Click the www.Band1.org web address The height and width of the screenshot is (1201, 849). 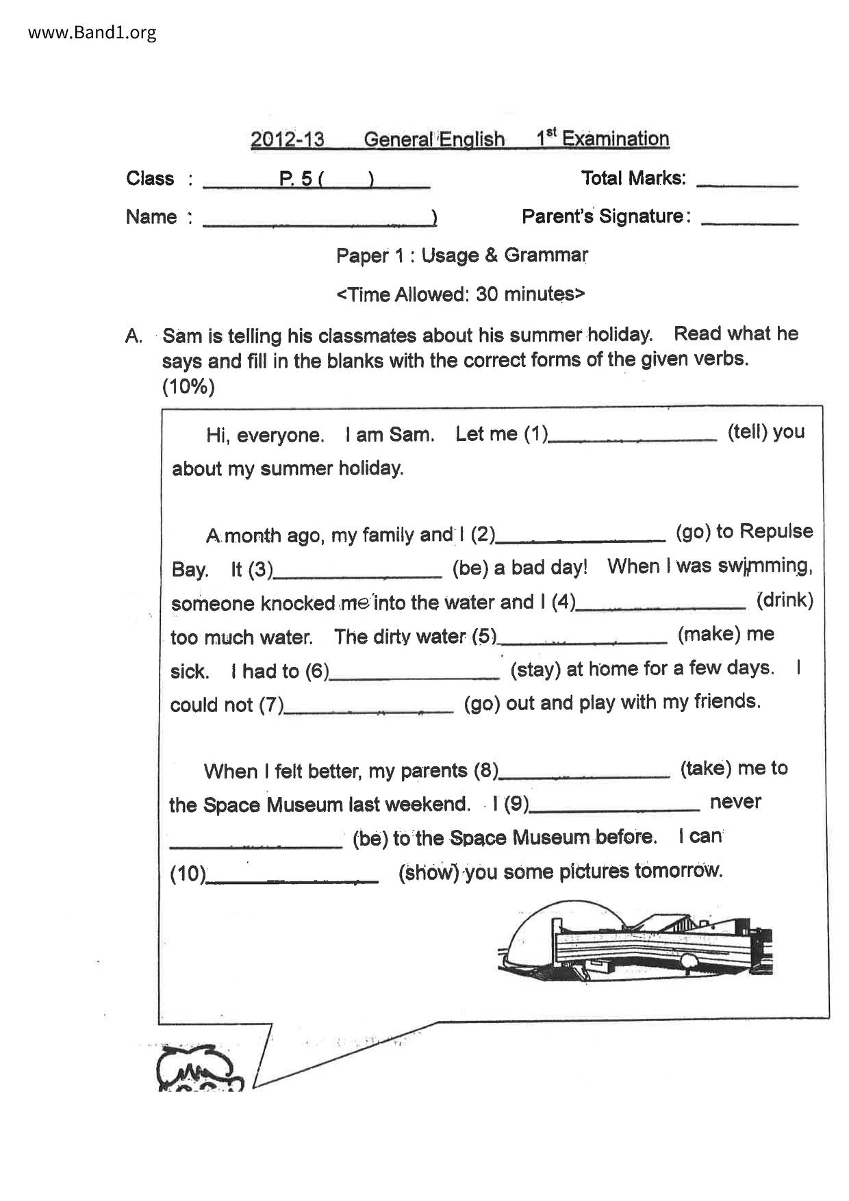92,32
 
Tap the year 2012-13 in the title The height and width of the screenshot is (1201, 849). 287,140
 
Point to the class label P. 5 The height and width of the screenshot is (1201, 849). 296,179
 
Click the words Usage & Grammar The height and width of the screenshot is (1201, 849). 505,255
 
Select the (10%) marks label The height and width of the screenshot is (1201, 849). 188,387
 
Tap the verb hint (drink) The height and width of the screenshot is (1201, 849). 785,600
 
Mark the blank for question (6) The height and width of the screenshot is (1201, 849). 414,677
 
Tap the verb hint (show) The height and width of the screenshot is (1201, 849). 429,872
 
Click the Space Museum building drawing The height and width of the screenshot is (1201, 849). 635,937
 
